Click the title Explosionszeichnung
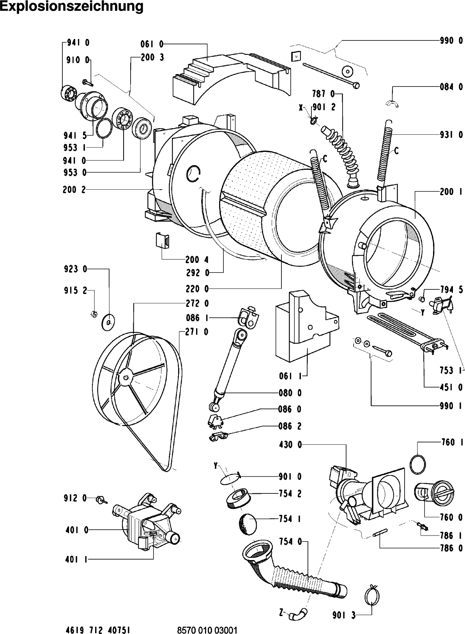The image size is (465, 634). tap(72, 7)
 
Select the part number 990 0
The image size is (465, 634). tap(451, 41)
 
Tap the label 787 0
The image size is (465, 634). tap(324, 93)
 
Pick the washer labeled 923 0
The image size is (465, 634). tap(108, 322)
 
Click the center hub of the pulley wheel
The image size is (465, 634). tap(125, 377)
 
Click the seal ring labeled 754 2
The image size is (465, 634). tap(238, 499)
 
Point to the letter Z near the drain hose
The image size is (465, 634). tap(281, 603)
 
